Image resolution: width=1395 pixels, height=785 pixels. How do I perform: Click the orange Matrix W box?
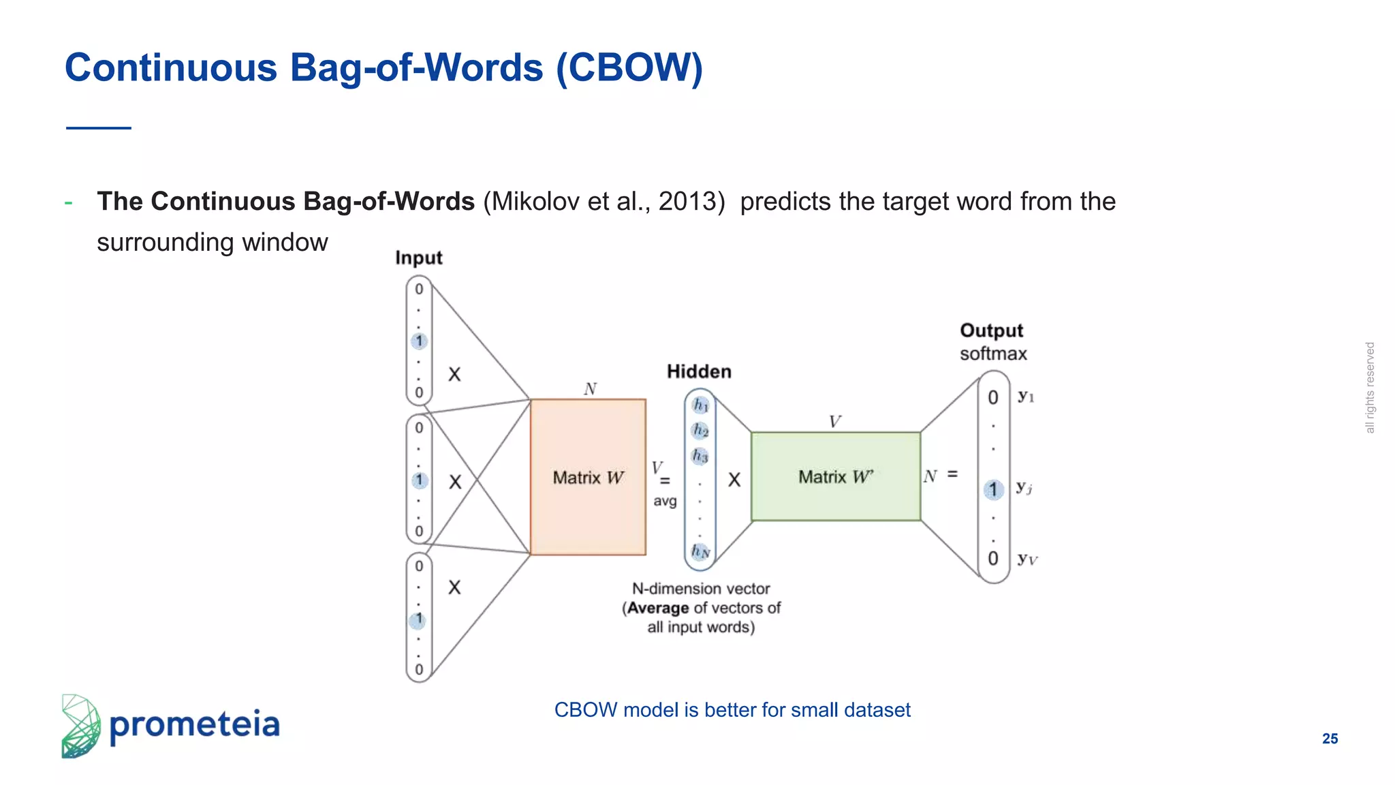(588, 477)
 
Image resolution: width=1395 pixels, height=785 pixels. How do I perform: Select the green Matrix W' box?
(836, 476)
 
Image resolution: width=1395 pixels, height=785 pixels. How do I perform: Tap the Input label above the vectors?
(418, 258)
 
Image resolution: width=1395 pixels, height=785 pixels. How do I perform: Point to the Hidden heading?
(699, 371)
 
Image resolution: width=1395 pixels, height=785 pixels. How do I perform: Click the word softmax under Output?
(993, 354)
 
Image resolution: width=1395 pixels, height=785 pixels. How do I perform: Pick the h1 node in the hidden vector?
(700, 405)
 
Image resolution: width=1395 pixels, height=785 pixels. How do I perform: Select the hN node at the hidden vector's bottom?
(700, 551)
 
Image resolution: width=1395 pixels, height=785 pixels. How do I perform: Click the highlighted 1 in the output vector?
(993, 489)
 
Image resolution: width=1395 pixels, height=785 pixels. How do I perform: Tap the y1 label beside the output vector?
(1026, 396)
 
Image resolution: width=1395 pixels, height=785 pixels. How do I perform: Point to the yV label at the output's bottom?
(1027, 559)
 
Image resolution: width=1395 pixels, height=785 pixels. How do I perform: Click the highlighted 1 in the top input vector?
(419, 341)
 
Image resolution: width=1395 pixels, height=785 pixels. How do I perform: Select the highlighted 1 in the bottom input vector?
(418, 619)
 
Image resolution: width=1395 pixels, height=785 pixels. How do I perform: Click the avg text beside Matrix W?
(665, 501)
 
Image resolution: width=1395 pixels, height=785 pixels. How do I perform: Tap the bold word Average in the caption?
(657, 608)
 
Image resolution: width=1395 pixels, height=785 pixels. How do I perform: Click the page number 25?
(1330, 739)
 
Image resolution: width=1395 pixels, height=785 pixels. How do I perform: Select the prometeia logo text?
(194, 724)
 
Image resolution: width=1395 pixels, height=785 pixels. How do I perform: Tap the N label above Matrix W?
(590, 389)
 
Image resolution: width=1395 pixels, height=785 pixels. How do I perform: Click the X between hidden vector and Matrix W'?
(734, 480)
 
